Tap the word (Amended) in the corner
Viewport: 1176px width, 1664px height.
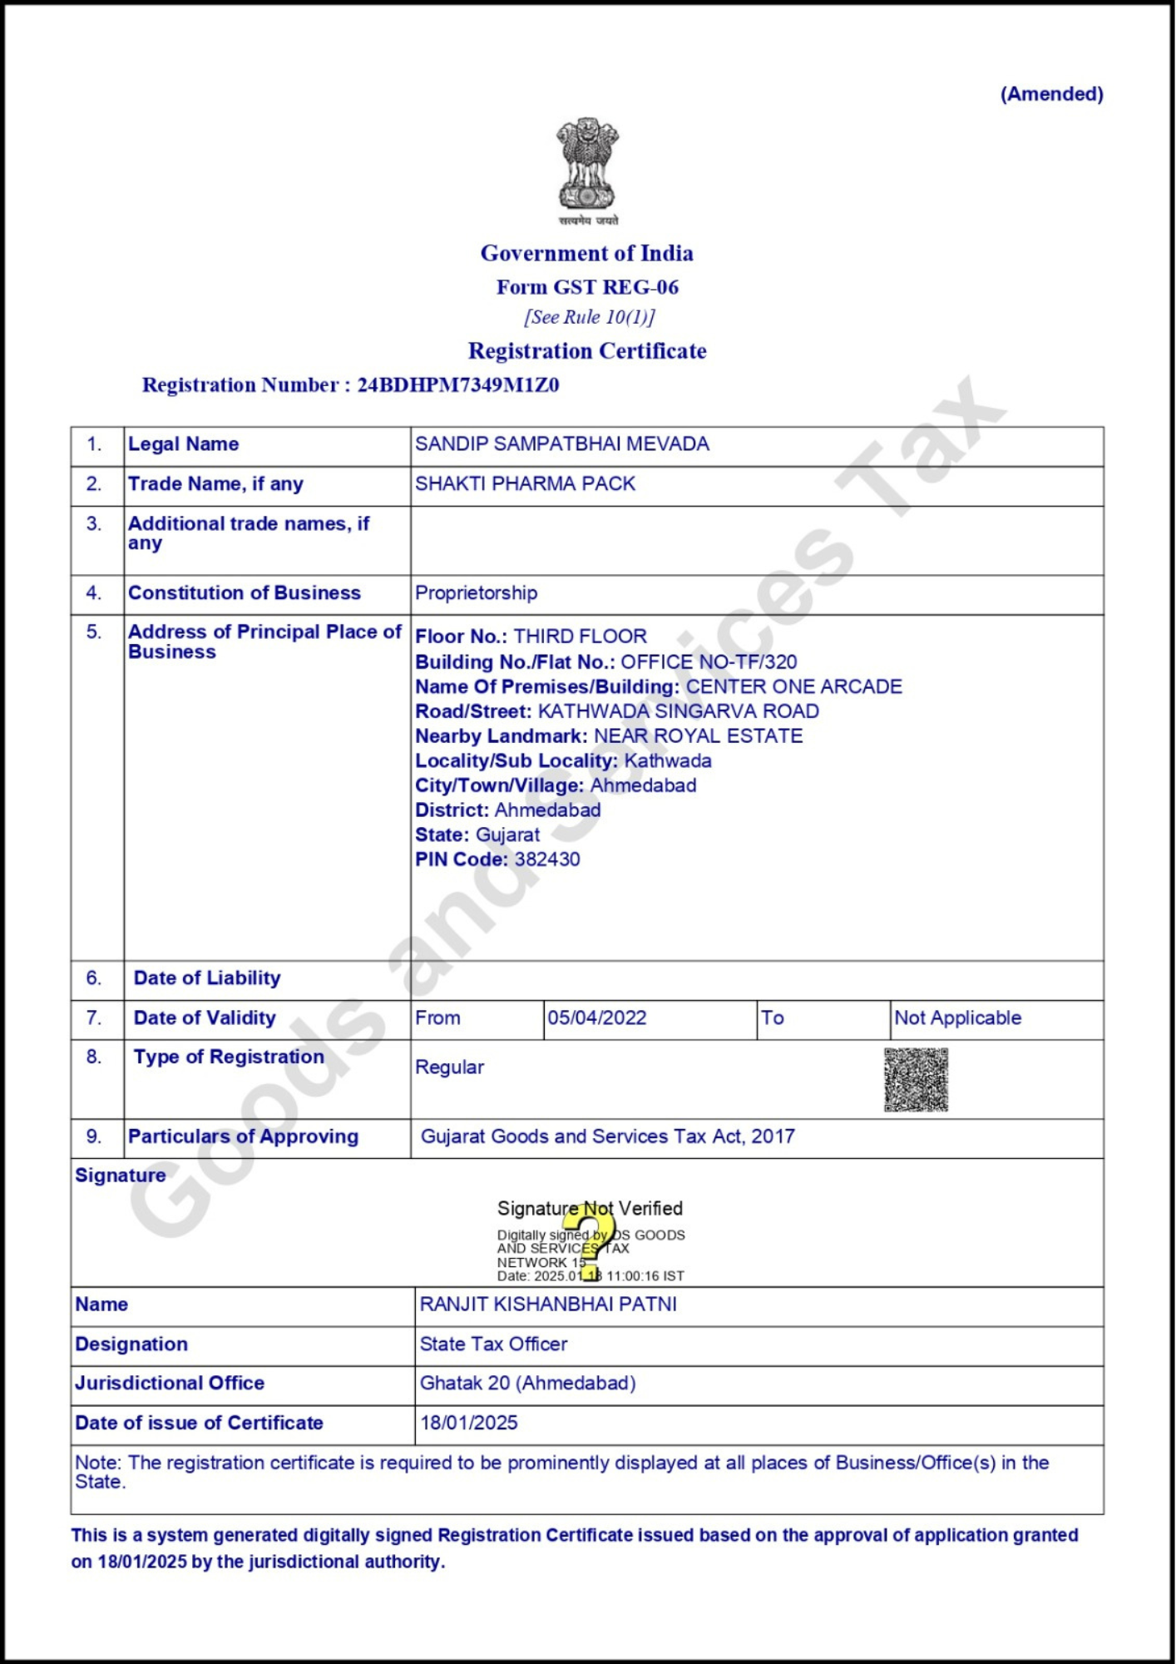pyautogui.click(x=1051, y=94)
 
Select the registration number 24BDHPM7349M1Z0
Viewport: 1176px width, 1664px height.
pyautogui.click(x=458, y=385)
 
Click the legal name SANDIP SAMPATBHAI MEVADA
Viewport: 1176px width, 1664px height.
pyautogui.click(x=562, y=444)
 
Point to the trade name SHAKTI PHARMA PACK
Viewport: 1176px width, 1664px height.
pyautogui.click(x=525, y=484)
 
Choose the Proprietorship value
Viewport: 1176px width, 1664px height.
pyautogui.click(x=476, y=593)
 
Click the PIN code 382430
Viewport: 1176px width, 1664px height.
pyautogui.click(x=547, y=859)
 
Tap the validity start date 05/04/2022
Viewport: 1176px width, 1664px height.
pyautogui.click(x=596, y=1018)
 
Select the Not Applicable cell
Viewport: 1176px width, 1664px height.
pyautogui.click(x=957, y=1018)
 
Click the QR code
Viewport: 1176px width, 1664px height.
pyautogui.click(x=916, y=1080)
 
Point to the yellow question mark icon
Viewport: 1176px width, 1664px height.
pyautogui.click(x=590, y=1240)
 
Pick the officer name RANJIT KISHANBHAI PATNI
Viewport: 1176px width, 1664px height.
pyautogui.click(x=548, y=1305)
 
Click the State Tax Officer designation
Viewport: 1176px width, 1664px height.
pyautogui.click(x=493, y=1345)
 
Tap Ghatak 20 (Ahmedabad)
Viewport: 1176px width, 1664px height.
pyautogui.click(x=527, y=1384)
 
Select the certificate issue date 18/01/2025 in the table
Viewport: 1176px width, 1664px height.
pyautogui.click(x=469, y=1424)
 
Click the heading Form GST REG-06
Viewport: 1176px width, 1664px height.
pyautogui.click(x=587, y=288)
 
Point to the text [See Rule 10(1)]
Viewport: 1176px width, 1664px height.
pyautogui.click(x=589, y=318)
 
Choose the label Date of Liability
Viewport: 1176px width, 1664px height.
pyautogui.click(x=207, y=978)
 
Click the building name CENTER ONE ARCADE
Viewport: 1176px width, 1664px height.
pyautogui.click(x=793, y=687)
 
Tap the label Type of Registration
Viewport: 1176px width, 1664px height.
pyautogui.click(x=229, y=1057)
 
